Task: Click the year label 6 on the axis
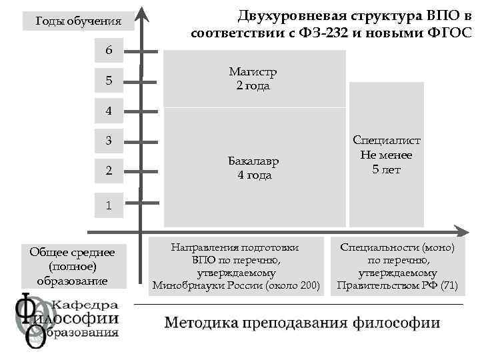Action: [109, 51]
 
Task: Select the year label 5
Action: [109, 81]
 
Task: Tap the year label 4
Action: [109, 111]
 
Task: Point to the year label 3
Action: [109, 141]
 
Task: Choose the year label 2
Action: [109, 171]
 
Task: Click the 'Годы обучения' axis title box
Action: [78, 21]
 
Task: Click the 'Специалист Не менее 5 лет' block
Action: [387, 155]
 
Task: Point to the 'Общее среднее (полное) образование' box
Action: [72, 266]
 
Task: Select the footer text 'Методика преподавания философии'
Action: [302, 323]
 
